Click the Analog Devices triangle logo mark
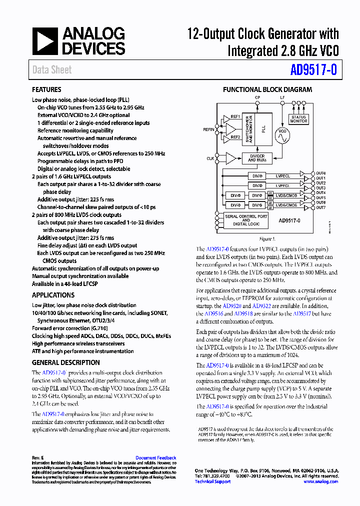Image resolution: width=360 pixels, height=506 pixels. pyautogui.click(x=45, y=40)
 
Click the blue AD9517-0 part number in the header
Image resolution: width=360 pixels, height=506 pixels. pyautogui.click(x=314, y=70)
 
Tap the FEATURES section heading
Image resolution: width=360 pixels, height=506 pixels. pyautogui.click(x=47, y=90)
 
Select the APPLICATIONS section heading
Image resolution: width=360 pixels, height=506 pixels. pyautogui.click(x=53, y=295)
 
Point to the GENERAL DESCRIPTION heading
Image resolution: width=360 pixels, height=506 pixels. pyautogui.click(x=66, y=362)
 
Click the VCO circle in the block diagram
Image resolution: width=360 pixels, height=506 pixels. pyautogui.click(x=282, y=135)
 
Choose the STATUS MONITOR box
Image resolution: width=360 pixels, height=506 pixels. pyautogui.click(x=298, y=119)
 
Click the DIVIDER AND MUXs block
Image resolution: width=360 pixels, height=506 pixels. pyautogui.click(x=257, y=158)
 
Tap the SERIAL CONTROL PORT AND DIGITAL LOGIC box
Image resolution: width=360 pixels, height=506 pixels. pyautogui.click(x=246, y=220)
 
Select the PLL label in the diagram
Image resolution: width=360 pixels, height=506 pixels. pyautogui.click(x=263, y=129)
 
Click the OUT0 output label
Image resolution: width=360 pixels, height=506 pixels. pyautogui.click(x=320, y=173)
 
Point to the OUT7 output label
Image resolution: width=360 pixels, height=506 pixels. pyautogui.click(x=320, y=207)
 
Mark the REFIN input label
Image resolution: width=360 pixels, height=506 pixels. pyautogui.click(x=208, y=129)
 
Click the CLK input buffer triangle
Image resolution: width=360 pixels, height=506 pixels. pyautogui.click(x=230, y=158)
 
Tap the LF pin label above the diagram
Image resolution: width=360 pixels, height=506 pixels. pyautogui.click(x=282, y=97)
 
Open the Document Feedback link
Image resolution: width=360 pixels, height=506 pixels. pyautogui.click(x=155, y=457)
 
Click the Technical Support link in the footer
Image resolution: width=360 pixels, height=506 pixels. pyautogui.click(x=212, y=481)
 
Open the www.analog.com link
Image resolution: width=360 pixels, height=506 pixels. pyautogui.click(x=320, y=481)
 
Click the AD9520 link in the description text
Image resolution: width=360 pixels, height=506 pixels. pyautogui.click(x=231, y=305)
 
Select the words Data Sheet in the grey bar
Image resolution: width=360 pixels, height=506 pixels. pyautogui.click(x=52, y=70)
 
